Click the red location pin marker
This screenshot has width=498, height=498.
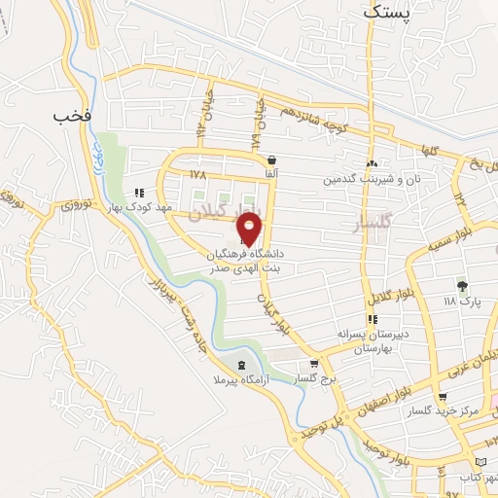(250, 229)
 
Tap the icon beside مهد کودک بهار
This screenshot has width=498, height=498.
(141, 193)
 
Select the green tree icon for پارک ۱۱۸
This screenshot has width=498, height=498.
(463, 286)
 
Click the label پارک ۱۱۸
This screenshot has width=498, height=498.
(463, 302)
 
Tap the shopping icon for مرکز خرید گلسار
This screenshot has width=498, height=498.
(444, 397)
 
